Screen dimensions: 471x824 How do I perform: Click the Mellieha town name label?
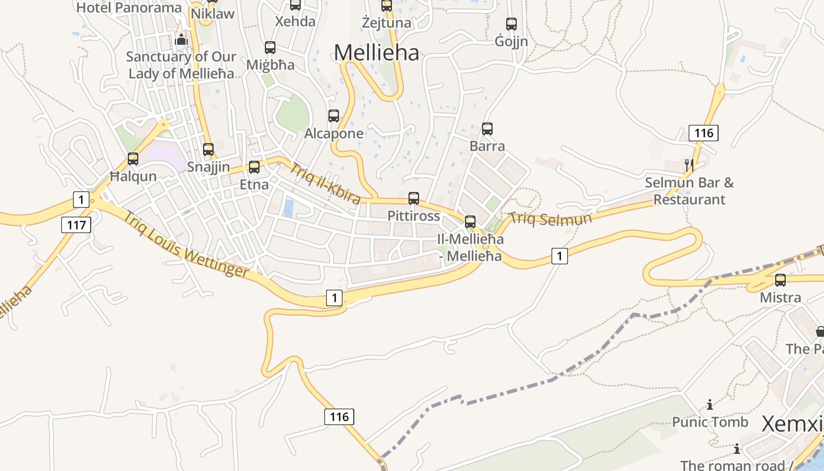click(x=376, y=52)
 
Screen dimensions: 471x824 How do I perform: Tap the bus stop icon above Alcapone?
click(x=334, y=116)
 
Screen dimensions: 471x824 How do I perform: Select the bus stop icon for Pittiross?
click(x=414, y=198)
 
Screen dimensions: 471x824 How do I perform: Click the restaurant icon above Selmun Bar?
click(x=689, y=165)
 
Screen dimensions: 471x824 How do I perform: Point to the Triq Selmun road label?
click(x=550, y=218)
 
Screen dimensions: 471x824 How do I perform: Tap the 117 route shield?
click(x=76, y=224)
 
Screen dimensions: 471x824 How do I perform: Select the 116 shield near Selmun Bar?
click(x=703, y=133)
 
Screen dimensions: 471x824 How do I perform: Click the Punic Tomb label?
click(x=710, y=422)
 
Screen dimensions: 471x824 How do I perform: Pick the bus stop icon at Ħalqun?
click(x=133, y=159)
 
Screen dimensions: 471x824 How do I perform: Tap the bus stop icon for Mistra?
click(x=780, y=280)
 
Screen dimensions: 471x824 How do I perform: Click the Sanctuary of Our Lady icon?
click(x=181, y=40)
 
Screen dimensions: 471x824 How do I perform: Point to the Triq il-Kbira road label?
click(x=325, y=183)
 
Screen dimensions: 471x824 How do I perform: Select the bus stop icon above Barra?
click(x=487, y=129)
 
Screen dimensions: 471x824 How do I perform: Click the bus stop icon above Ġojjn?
click(x=511, y=24)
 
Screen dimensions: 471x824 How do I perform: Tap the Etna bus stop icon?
click(x=254, y=167)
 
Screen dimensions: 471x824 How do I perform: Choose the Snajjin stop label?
click(x=208, y=167)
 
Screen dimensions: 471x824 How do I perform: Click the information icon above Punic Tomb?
click(x=710, y=404)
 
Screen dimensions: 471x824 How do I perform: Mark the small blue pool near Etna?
click(x=288, y=208)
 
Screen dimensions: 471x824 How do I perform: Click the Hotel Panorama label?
click(x=129, y=8)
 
